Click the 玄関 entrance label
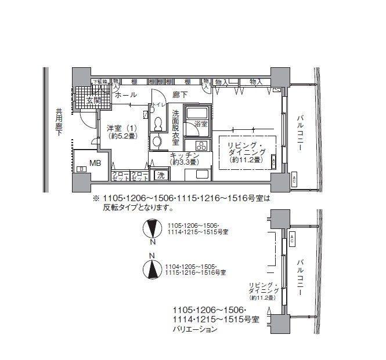(x=93, y=100)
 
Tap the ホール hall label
(x=125, y=94)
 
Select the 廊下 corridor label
(x=180, y=94)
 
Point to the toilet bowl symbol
(x=158, y=123)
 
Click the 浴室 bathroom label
(x=200, y=124)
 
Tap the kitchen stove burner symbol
(x=201, y=146)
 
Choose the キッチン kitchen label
(x=185, y=157)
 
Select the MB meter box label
(x=95, y=163)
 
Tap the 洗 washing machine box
(x=160, y=174)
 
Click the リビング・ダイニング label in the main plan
(x=247, y=151)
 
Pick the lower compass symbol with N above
(x=152, y=268)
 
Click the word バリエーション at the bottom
(x=194, y=329)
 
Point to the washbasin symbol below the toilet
(x=156, y=141)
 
